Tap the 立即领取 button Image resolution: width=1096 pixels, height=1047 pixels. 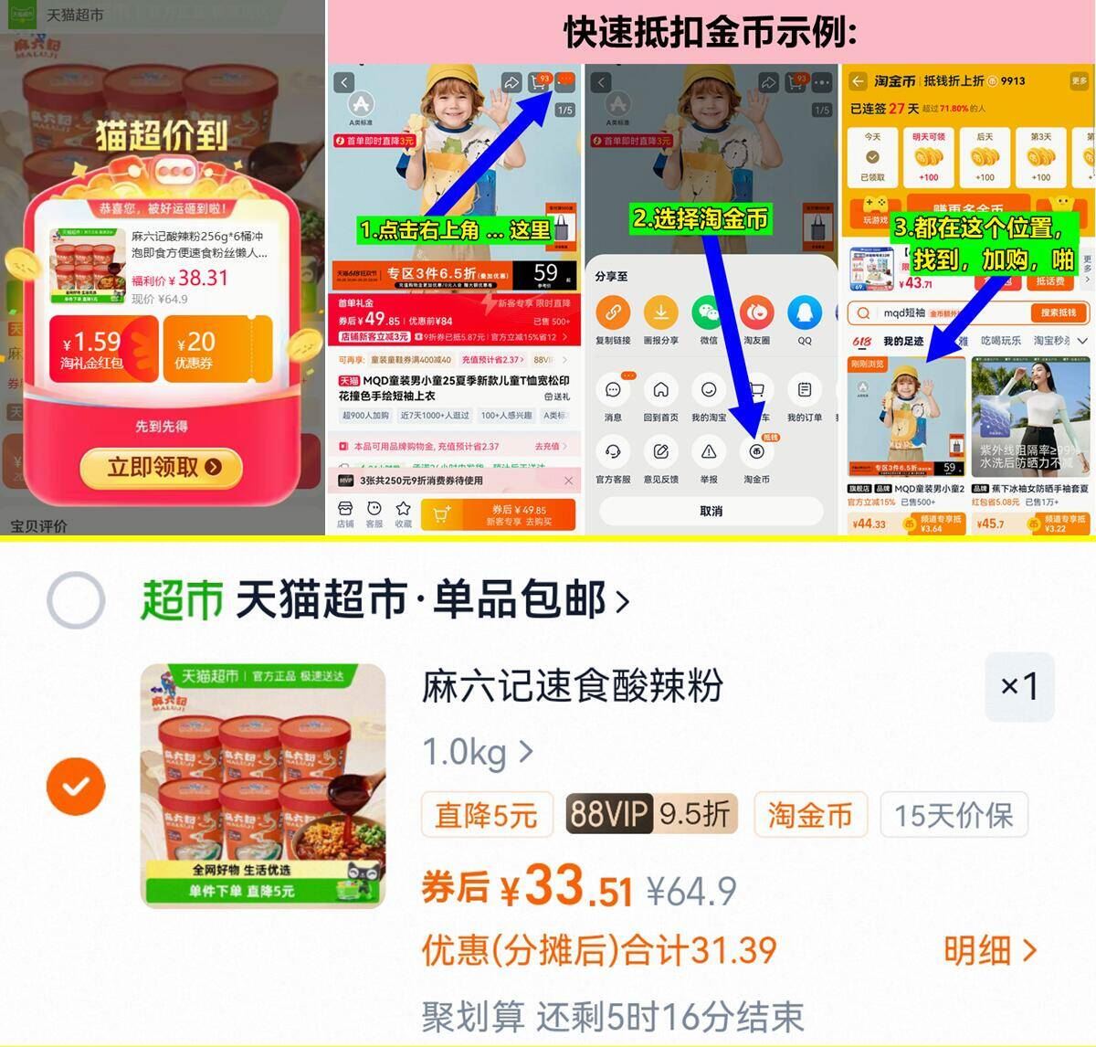pyautogui.click(x=162, y=467)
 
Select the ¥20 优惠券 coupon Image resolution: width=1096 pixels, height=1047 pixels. pyautogui.click(x=216, y=350)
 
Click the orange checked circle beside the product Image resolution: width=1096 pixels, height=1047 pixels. pyautogui.click(x=76, y=786)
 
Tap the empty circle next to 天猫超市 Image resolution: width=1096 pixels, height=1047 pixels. pyautogui.click(x=76, y=600)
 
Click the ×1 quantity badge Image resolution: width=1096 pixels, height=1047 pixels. pyautogui.click(x=1019, y=686)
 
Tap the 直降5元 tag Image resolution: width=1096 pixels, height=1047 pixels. pyautogui.click(x=487, y=814)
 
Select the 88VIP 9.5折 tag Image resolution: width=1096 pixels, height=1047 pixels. pyautogui.click(x=649, y=813)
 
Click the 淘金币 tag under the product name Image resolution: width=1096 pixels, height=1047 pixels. pyautogui.click(x=810, y=814)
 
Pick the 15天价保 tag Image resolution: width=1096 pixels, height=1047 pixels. pyautogui.click(x=954, y=814)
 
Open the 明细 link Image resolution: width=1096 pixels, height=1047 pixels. pyautogui.click(x=990, y=951)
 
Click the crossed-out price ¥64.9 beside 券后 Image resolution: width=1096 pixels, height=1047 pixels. pyautogui.click(x=691, y=891)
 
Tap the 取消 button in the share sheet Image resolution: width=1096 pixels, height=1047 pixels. pyautogui.click(x=711, y=511)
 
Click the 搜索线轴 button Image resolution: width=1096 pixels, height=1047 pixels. pyautogui.click(x=1058, y=312)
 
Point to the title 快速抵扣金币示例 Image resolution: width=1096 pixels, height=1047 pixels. pyautogui.click(x=711, y=33)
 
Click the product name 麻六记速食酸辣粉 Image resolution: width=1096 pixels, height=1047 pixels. pyautogui.click(x=573, y=686)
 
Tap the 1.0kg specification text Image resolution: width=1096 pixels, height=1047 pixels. pyautogui.click(x=465, y=753)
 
